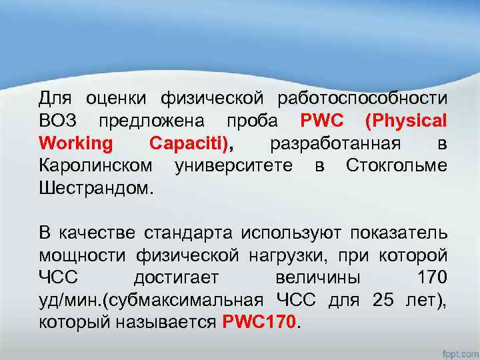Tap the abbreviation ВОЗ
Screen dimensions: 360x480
(x=58, y=121)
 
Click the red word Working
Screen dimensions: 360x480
(x=77, y=143)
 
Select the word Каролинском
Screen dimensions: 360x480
(x=96, y=165)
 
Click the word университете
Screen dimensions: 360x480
(x=233, y=165)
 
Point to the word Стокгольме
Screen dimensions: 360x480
(x=397, y=165)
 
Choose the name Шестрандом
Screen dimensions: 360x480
(x=96, y=187)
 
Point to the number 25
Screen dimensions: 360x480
(x=383, y=299)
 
